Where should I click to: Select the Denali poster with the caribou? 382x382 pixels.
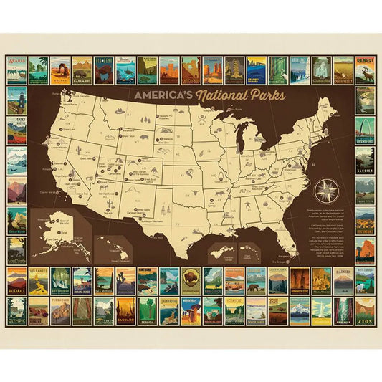tap(365, 70)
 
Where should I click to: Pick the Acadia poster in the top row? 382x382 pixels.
tap(17, 70)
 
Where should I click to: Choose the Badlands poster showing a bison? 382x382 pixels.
tap(82, 70)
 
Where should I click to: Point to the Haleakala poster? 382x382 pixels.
tap(17, 281)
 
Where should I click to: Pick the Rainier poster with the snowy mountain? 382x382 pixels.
tap(343, 281)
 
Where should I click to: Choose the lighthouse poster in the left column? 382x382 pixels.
tap(17, 101)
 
